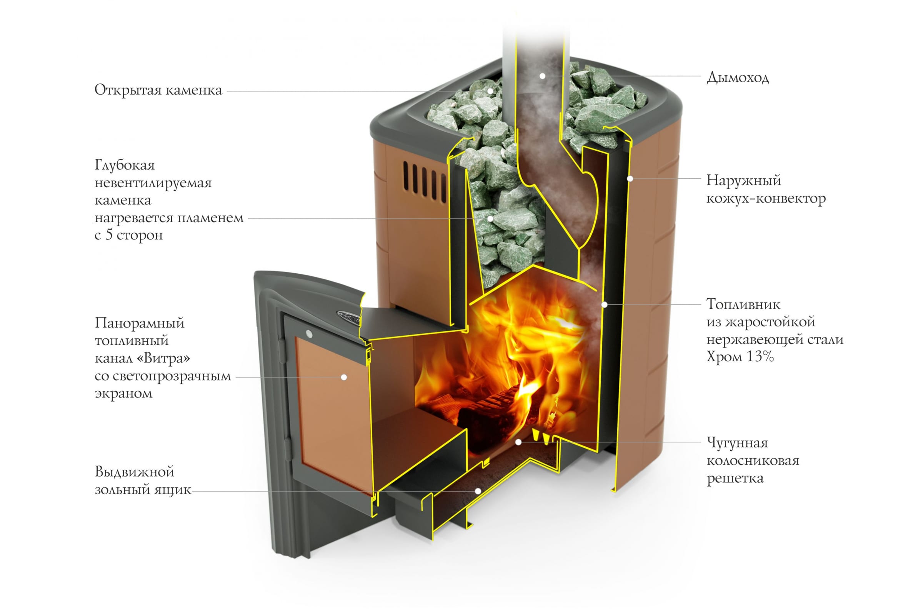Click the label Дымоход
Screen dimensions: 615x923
coord(737,78)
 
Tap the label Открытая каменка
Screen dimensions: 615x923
coord(158,90)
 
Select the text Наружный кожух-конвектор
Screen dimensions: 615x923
coord(766,189)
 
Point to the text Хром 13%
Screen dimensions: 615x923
coord(740,357)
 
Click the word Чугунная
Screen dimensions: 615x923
coord(737,443)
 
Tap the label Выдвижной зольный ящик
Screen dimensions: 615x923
coord(143,480)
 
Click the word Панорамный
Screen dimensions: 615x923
coord(139,323)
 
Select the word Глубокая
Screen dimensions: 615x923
coord(125,165)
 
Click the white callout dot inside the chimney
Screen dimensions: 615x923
coord(542,76)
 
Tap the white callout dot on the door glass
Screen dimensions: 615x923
coord(344,377)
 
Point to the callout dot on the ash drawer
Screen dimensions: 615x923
coord(478,491)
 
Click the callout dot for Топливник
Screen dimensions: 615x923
coord(605,304)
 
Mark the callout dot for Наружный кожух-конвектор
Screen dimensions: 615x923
coord(630,179)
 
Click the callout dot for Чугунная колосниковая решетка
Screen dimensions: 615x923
coord(518,442)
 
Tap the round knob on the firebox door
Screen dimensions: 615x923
coord(309,334)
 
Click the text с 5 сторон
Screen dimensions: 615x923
coord(129,235)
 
